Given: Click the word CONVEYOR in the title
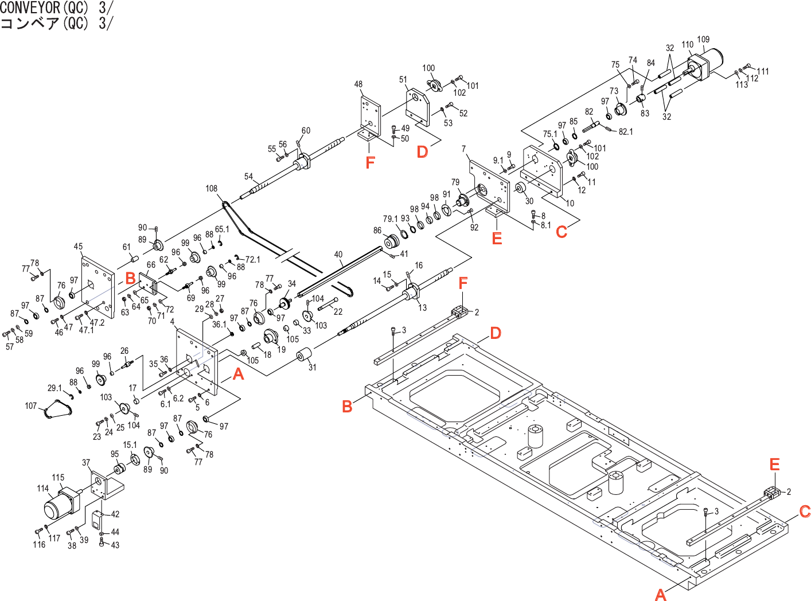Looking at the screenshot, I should pyautogui.click(x=30, y=7).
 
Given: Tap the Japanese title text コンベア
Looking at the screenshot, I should pyautogui.click(x=30, y=24).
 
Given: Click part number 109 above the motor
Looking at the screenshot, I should pyautogui.click(x=703, y=40).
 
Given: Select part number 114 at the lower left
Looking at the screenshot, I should pyautogui.click(x=43, y=489).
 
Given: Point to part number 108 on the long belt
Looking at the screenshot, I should pyautogui.click(x=212, y=189).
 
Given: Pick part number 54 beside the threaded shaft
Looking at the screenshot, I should pyautogui.click(x=248, y=177).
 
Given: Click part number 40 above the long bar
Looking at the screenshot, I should pyautogui.click(x=338, y=255).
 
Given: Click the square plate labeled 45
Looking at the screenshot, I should pyautogui.click(x=98, y=287).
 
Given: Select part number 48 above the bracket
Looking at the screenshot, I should pyautogui.click(x=358, y=84).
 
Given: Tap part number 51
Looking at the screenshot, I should pyautogui.click(x=403, y=80).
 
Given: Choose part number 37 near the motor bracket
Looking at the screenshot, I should pyautogui.click(x=86, y=463).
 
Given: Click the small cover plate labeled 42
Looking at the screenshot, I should pyautogui.click(x=97, y=520).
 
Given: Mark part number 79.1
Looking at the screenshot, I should pyautogui.click(x=390, y=219).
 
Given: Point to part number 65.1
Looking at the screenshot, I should pyautogui.click(x=222, y=229).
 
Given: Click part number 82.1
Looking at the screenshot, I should pyautogui.click(x=626, y=132).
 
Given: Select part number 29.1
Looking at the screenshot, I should pyautogui.click(x=54, y=388).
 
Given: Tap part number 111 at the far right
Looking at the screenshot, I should pyautogui.click(x=763, y=72).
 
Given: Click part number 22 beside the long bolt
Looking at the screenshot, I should pyautogui.click(x=338, y=311).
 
